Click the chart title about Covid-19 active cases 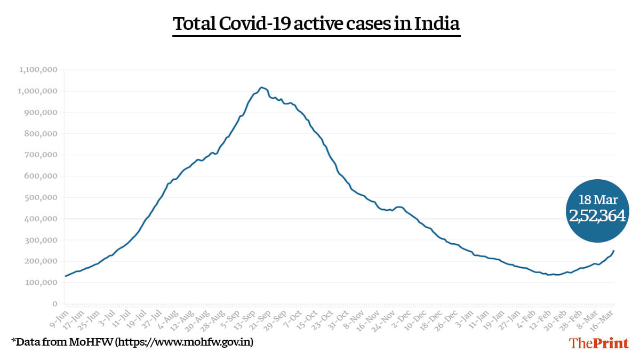316,25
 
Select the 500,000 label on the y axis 42,197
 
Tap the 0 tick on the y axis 55,304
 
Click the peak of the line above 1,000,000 261,87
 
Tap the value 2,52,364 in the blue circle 597,215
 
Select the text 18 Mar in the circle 597,200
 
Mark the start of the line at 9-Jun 65,276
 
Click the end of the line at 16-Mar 614,251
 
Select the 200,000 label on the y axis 42,261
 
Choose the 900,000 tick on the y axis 42,113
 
